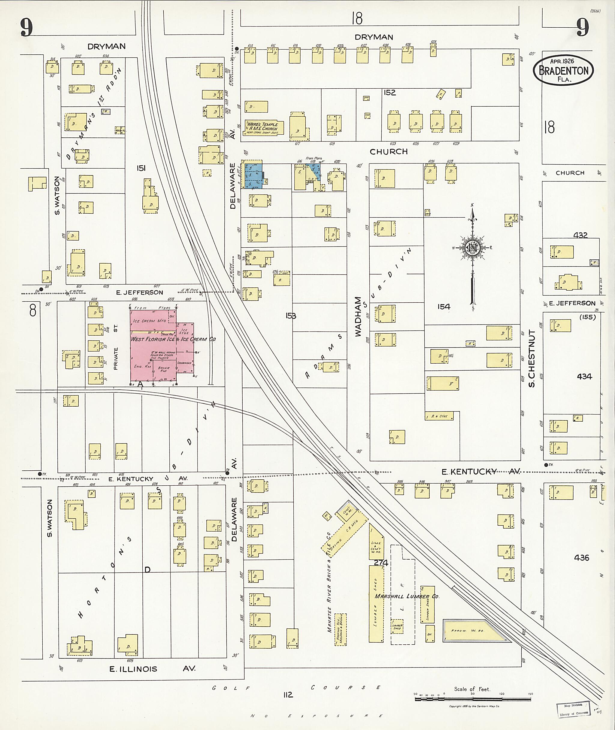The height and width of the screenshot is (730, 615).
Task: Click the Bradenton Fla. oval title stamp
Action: tap(563, 70)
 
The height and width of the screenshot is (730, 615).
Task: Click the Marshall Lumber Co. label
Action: tap(407, 596)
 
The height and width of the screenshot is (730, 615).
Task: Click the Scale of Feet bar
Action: tap(472, 699)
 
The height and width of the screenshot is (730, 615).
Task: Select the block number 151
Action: tap(141, 169)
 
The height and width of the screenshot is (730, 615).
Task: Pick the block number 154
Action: tap(444, 307)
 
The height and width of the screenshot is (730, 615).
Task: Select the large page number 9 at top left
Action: tap(26, 27)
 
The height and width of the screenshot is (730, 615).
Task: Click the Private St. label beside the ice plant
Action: tap(116, 348)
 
